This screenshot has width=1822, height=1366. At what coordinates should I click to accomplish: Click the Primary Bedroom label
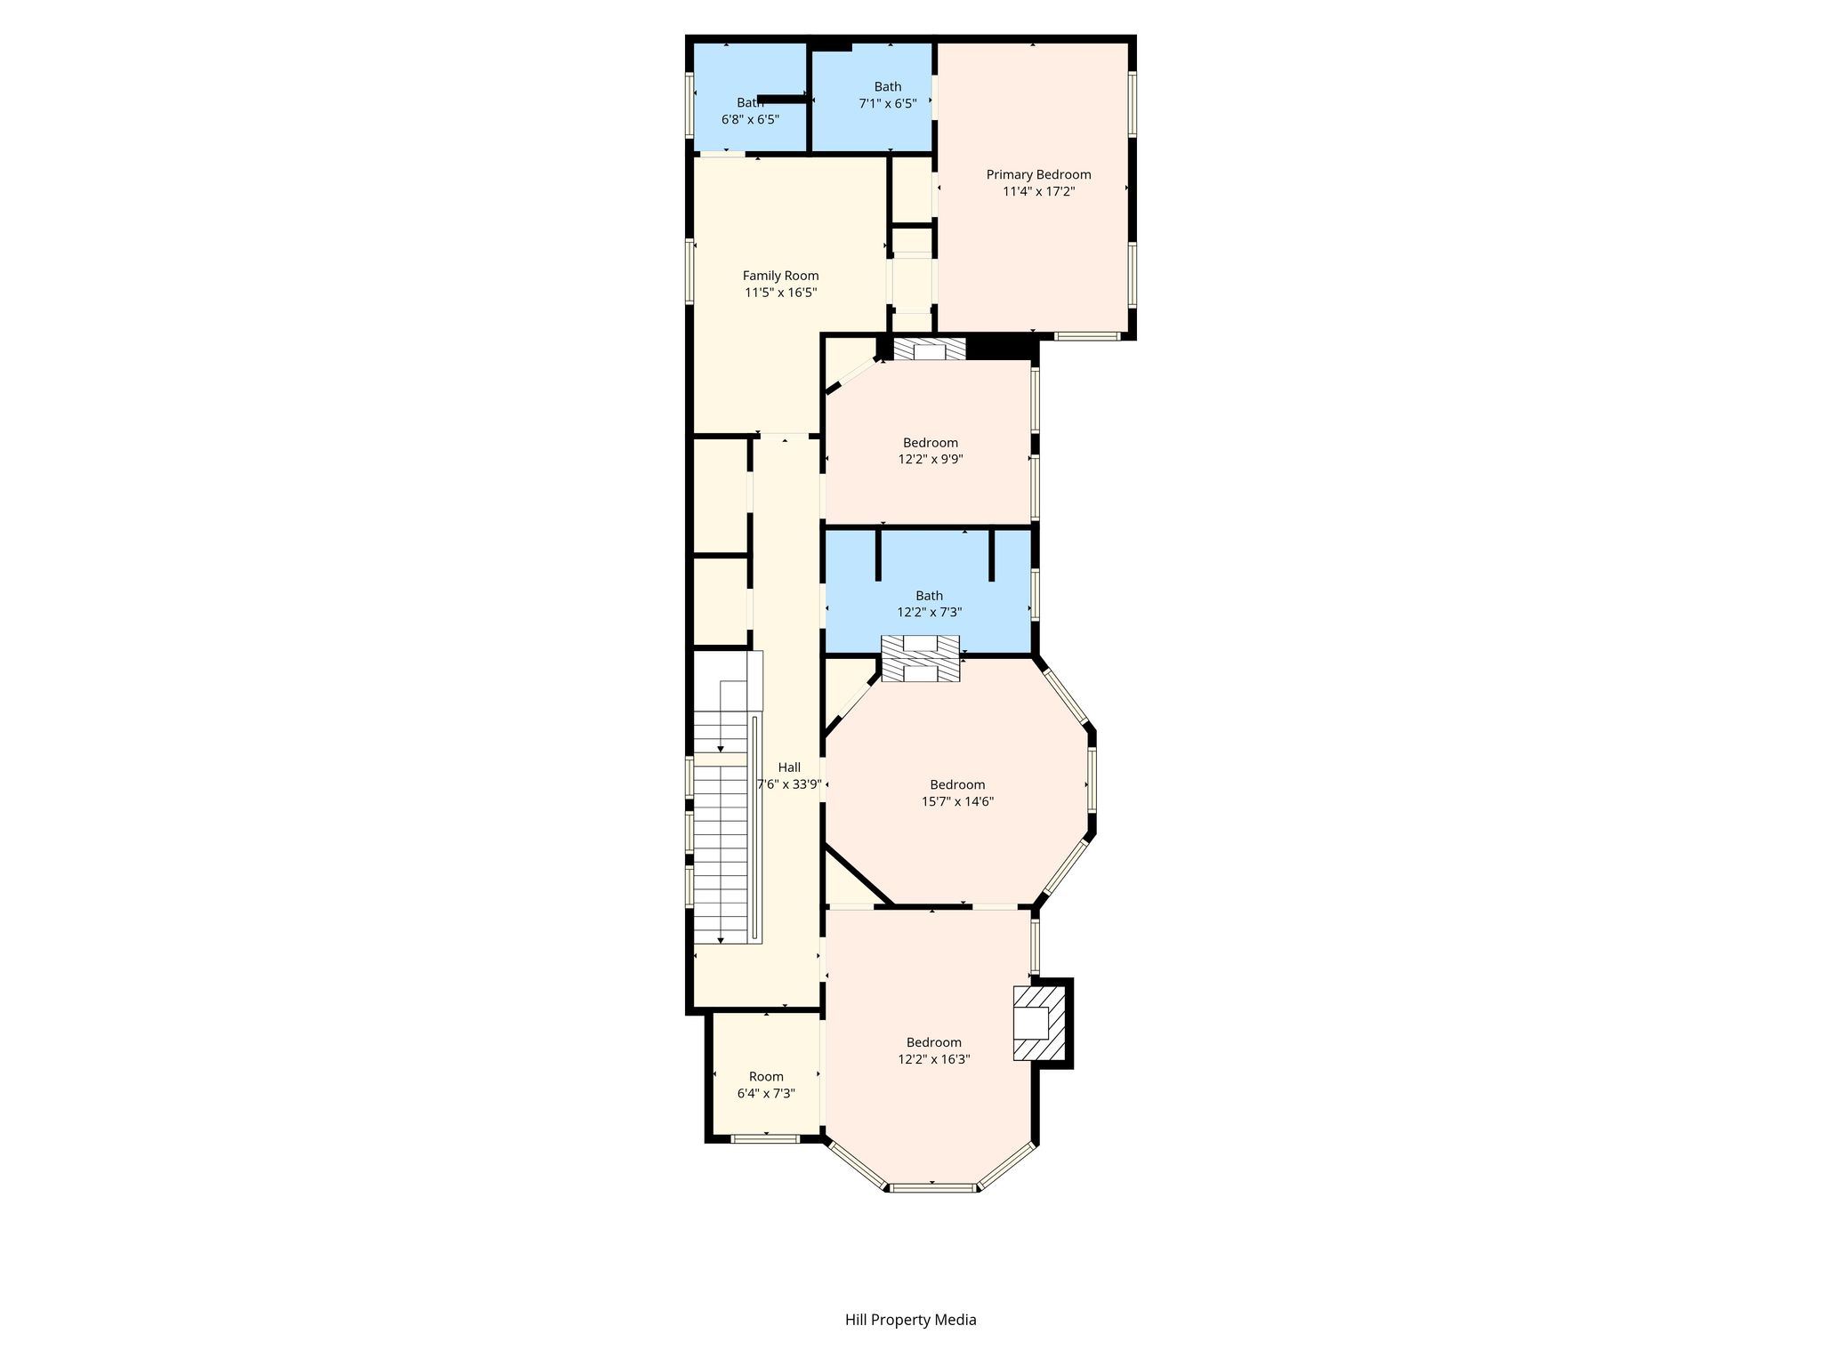[x=1038, y=174]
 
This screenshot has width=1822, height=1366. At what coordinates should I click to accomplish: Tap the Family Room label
[x=780, y=276]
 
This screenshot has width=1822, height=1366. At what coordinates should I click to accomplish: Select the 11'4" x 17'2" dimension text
[x=1038, y=191]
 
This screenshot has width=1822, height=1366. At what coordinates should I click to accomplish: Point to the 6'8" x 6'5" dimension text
[x=750, y=119]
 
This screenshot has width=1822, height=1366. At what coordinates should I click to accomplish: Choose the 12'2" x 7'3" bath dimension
[x=930, y=613]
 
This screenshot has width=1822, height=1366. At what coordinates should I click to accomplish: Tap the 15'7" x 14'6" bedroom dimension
[x=957, y=801]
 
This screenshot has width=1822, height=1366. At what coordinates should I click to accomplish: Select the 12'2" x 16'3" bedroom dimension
[x=933, y=1059]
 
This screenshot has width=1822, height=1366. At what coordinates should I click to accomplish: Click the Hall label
[x=789, y=767]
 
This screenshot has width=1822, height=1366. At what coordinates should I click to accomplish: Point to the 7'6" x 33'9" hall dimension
[x=789, y=784]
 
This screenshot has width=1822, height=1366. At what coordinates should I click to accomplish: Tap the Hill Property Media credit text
[x=910, y=1320]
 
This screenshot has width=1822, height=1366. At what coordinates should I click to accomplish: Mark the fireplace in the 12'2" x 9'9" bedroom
[x=930, y=350]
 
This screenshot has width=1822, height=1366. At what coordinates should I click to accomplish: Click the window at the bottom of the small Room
[x=764, y=1137]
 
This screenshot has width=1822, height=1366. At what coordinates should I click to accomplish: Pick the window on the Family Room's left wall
[x=689, y=271]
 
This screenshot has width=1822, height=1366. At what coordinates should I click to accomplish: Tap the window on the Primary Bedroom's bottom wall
[x=1087, y=336]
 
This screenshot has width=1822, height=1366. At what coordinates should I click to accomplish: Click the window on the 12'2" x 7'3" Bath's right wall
[x=1035, y=593]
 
